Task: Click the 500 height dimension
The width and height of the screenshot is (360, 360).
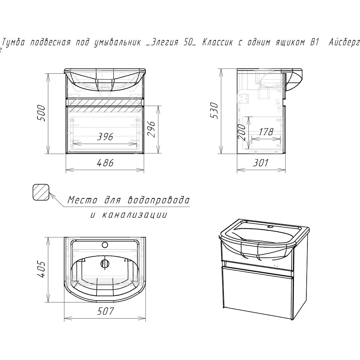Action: coord(41,113)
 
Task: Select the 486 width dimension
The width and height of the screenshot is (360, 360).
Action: coord(105,163)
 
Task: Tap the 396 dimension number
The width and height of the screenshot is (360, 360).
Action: coord(105,136)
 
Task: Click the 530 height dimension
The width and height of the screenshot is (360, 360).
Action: coord(215,111)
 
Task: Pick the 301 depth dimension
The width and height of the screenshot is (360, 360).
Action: coord(261,163)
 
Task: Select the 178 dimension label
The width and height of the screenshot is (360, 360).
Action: coord(266,132)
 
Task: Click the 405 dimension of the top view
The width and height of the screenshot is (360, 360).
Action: coord(41,269)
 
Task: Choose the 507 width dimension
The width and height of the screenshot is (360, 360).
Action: coord(105,311)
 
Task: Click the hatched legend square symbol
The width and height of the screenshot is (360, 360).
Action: coord(41,192)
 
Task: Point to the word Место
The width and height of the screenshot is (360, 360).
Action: coord(82,200)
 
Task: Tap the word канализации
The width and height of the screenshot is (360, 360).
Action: coord(134,215)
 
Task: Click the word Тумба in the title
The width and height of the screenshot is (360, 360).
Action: coord(13,42)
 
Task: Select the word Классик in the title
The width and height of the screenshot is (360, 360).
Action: coord(217,42)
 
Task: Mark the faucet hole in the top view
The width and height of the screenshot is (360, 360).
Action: coord(105,245)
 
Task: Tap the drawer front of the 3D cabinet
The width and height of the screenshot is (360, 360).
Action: coord(257,292)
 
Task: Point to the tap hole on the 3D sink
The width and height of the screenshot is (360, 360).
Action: coord(270,227)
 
